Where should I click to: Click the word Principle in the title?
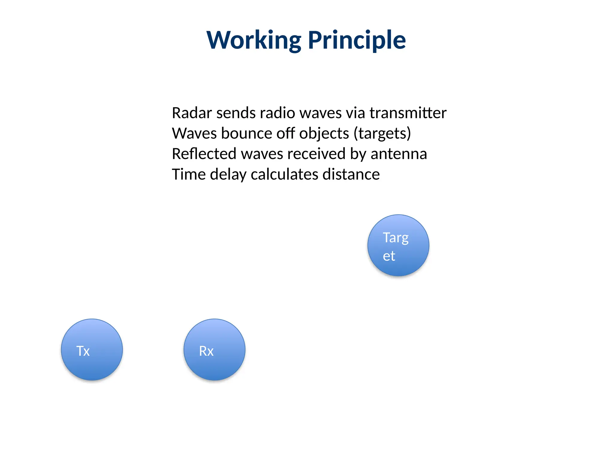click(357, 40)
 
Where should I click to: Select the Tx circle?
click(92, 349)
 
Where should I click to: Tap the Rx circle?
click(214, 349)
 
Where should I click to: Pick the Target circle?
click(398, 245)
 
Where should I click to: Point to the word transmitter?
click(408, 113)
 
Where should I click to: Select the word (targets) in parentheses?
click(382, 134)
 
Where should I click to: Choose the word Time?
click(188, 174)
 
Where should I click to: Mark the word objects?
click(324, 134)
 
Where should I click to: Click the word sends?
click(236, 113)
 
